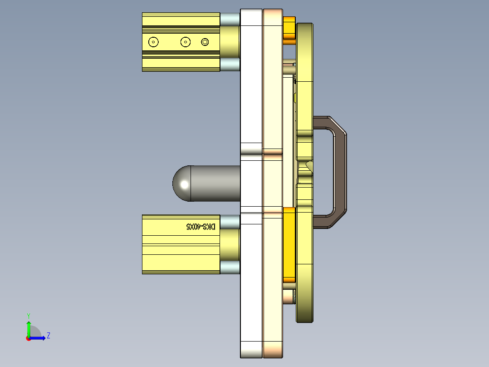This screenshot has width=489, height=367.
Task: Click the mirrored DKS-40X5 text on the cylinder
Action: [x=201, y=226]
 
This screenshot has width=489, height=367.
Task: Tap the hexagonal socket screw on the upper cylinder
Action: [x=205, y=42]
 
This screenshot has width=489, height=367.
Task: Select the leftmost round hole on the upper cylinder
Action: [x=154, y=42]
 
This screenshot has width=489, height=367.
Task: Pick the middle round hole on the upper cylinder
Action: [x=185, y=42]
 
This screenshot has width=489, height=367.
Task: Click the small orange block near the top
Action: [x=289, y=30]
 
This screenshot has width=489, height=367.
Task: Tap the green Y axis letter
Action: [x=28, y=315]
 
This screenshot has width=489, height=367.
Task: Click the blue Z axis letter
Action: [x=48, y=336]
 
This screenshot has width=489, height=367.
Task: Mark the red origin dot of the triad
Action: [x=28, y=338]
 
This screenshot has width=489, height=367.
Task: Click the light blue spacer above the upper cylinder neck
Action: [x=230, y=19]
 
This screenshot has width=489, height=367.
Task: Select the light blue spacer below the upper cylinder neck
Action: [x=230, y=64]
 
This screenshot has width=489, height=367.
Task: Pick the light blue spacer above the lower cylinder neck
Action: [x=230, y=222]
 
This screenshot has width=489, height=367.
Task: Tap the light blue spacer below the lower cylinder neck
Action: [x=230, y=268]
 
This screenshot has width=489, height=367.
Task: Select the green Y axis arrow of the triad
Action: [x=28, y=326]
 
